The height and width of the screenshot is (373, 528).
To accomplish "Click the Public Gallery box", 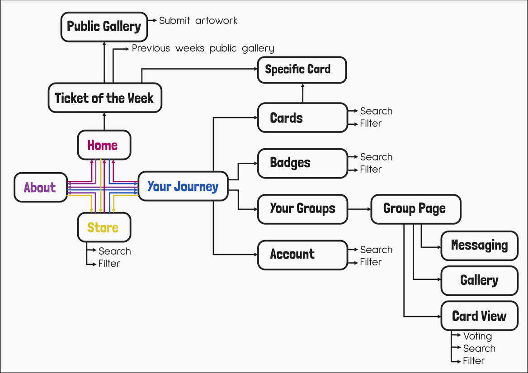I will point(104,27).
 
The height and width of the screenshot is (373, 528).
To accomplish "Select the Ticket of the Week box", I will point(104,98).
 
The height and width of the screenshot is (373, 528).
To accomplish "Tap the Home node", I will point(104,145).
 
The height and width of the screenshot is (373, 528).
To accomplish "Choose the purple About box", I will point(40,187).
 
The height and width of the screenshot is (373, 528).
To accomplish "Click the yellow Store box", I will point(104,227).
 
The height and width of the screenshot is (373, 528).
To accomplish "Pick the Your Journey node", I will point(183,186).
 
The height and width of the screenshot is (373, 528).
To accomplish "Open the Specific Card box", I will point(302,70).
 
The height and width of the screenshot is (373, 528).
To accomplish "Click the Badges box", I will point(302,163).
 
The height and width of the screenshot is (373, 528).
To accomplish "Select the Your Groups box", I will point(302,209).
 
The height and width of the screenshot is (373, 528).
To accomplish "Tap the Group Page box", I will point(415,209).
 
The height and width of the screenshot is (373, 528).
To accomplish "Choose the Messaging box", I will point(479,246).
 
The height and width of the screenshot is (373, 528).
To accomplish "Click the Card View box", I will point(479,316).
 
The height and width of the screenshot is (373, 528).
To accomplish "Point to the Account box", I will point(302,255).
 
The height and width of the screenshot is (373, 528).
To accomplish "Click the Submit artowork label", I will point(198,21).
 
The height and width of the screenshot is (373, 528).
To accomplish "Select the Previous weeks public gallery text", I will point(203,48).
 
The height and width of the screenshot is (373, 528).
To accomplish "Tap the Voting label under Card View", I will point(477,336).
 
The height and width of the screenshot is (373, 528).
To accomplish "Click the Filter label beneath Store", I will point(109,264).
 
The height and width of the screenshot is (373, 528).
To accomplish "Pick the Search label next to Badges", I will point(376,157).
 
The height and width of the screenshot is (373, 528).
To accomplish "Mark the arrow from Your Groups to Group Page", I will point(359,209).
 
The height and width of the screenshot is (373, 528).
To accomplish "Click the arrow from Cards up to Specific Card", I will point(302,93).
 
